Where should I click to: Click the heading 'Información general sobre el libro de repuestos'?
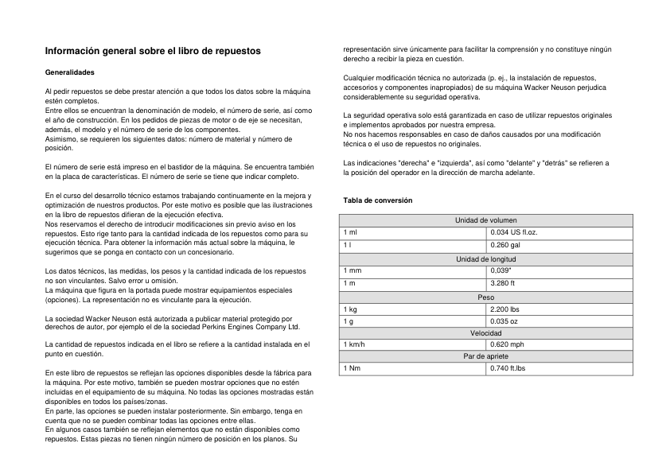(153, 51)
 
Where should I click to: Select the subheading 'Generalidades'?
(70, 72)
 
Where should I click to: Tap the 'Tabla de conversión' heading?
(377, 200)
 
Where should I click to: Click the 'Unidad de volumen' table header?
(485, 220)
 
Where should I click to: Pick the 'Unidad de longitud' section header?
(485, 259)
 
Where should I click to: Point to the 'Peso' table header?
(485, 297)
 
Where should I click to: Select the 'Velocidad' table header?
(485, 333)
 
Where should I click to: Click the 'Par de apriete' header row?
(485, 356)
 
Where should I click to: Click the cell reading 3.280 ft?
(503, 283)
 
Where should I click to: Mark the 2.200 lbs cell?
(504, 309)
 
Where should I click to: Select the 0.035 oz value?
(504, 321)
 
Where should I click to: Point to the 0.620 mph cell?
(507, 344)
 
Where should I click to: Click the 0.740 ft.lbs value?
(508, 368)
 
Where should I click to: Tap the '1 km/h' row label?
(354, 344)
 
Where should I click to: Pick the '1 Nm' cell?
(351, 368)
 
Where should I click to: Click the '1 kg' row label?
(350, 309)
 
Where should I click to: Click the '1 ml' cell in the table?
(350, 231)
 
